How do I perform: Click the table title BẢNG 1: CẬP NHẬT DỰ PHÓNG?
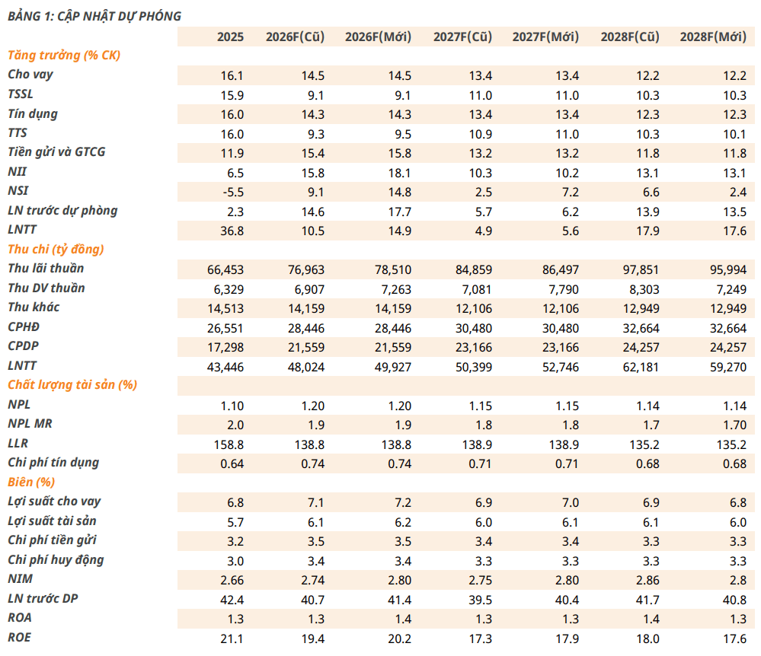coord(94,16)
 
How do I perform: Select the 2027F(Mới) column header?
coord(545,37)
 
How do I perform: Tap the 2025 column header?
coord(230,37)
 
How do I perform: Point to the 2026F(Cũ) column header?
coord(295,37)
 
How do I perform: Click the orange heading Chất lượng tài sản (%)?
coord(72,385)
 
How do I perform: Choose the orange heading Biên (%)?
coord(31,482)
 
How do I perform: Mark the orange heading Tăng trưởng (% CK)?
coord(63,56)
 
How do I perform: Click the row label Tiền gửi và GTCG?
coord(56,152)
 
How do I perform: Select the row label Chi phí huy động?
coord(56,560)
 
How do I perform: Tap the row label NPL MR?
coord(30,424)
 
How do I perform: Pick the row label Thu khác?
coord(34,307)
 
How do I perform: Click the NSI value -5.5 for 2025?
coord(233,193)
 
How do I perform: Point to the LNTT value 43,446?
coord(225,367)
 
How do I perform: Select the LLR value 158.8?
coord(229,444)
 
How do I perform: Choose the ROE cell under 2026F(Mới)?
coord(399,639)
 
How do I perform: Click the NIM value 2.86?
coord(647,581)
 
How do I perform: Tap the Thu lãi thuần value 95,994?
coord(728,270)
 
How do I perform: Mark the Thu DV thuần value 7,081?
coord(477,289)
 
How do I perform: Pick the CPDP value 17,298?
coord(225,348)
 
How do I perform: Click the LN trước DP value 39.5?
coord(480,600)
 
